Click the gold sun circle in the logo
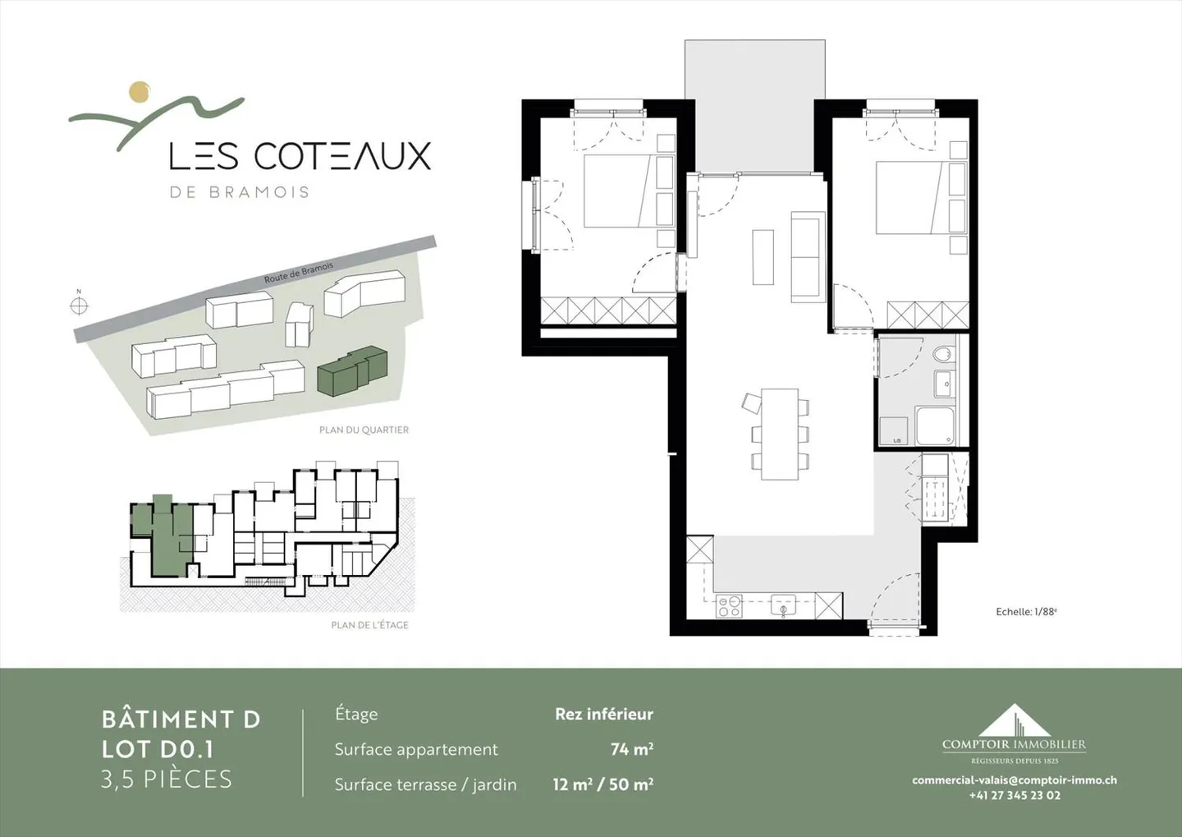(140, 91)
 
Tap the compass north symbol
(79, 306)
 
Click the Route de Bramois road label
(299, 273)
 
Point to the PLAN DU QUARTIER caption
(364, 430)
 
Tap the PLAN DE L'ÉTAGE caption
(369, 625)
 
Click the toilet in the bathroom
(944, 355)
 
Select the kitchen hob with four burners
(730, 606)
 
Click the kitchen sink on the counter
(783, 607)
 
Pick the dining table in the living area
(779, 434)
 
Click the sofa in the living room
(807, 255)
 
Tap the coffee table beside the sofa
(763, 256)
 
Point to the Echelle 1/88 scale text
(1026, 612)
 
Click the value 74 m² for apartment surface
(631, 749)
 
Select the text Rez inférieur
(603, 714)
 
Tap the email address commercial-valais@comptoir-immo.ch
(1014, 780)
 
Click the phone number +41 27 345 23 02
(1015, 795)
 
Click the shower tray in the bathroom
(935, 425)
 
